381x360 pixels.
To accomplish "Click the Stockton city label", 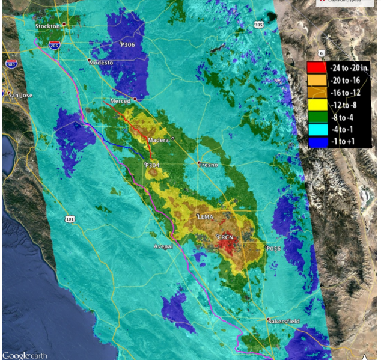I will [x=47, y=26].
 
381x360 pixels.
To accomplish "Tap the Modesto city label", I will [x=100, y=62].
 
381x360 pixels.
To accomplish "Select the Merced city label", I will [x=120, y=101].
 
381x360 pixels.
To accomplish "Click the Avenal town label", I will [x=163, y=246].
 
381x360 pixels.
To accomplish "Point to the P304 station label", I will [x=152, y=165].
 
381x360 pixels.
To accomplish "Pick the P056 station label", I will [x=273, y=248].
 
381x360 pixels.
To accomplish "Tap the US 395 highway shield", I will [x=259, y=25].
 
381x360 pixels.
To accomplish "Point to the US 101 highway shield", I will [x=71, y=220].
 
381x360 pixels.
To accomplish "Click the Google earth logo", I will [x=25, y=355].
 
